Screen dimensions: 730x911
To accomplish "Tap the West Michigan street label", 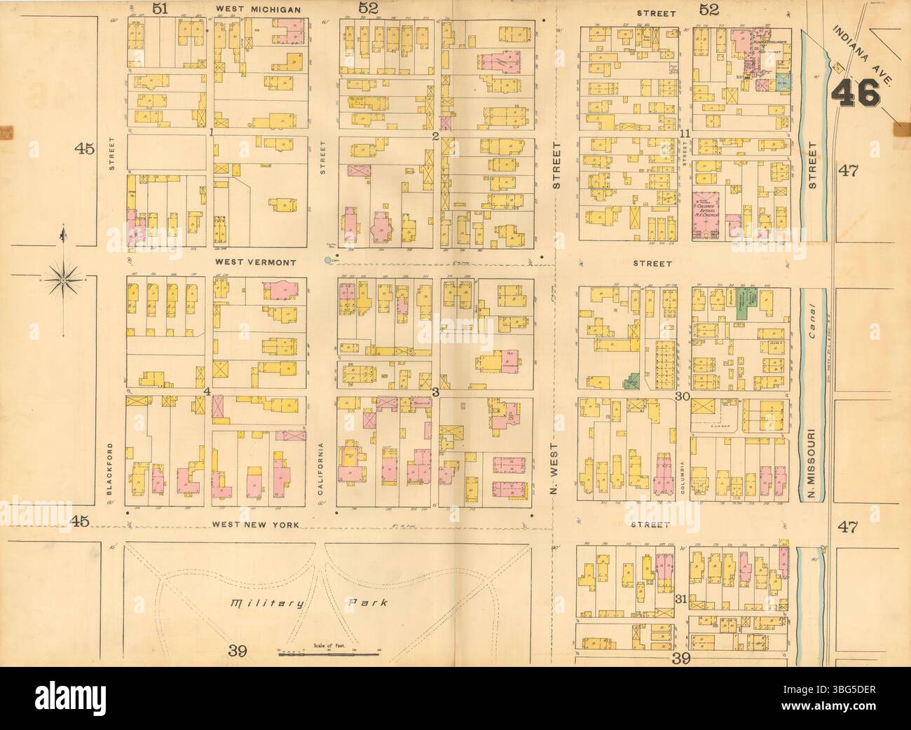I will tap(258, 10).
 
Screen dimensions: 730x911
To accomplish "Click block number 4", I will tap(207, 391).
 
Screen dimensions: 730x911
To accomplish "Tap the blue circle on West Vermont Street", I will tap(328, 261).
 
